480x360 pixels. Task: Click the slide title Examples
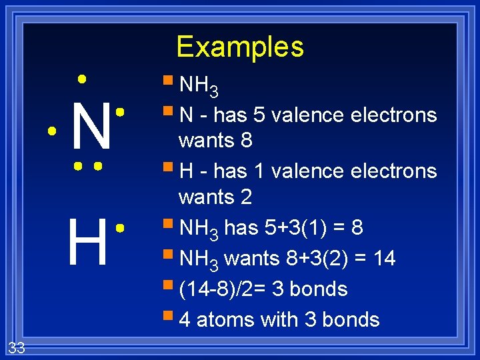[240, 47]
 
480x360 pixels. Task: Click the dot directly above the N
[81, 79]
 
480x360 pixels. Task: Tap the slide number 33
[17, 347]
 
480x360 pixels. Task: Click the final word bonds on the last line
[351, 320]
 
